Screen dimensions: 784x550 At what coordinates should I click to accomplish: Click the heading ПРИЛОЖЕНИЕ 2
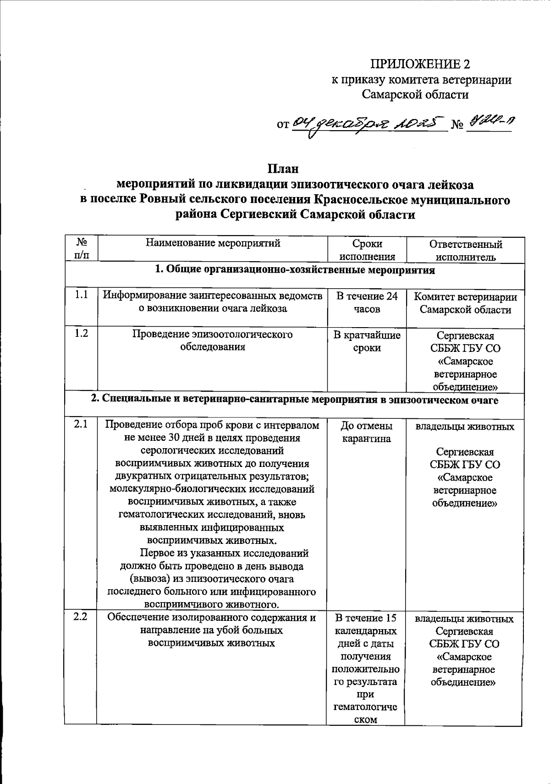(x=420, y=64)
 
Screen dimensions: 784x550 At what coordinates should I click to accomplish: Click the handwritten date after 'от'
(x=369, y=122)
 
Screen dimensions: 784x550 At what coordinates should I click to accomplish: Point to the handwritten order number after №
(x=489, y=121)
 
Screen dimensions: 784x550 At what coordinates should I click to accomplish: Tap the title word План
(x=283, y=169)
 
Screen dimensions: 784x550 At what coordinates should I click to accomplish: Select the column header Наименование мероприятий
(x=213, y=243)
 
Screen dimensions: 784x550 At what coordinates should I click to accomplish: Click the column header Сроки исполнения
(x=367, y=250)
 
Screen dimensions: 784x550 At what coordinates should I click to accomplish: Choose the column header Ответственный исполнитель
(x=466, y=250)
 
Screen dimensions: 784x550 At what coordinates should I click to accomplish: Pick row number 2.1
(x=81, y=425)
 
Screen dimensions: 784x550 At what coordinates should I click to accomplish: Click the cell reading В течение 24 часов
(x=367, y=302)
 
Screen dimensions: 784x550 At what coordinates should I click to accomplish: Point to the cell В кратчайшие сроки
(x=367, y=341)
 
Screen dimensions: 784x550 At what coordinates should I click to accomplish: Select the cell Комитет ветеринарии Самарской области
(x=466, y=303)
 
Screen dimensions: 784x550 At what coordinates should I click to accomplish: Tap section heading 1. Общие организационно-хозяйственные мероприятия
(x=295, y=270)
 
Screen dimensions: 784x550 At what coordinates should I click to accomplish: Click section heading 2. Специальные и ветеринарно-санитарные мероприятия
(x=295, y=400)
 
